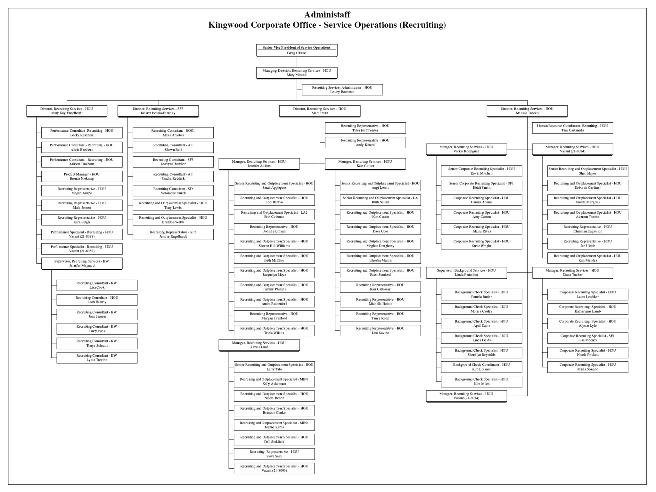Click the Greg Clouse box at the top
point(296,50)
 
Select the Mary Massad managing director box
point(296,73)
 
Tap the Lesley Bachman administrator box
point(342,90)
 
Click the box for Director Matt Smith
point(319,111)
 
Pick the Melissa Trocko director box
point(527,111)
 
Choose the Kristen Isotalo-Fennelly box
point(158,111)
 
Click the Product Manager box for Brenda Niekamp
point(82,176)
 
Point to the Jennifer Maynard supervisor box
point(82,263)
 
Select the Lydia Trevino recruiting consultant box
point(97,358)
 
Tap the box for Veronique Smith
point(173,191)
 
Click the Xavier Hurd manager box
point(259,345)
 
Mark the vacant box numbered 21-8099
point(274,468)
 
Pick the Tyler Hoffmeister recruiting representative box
point(365,128)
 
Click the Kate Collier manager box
point(365,164)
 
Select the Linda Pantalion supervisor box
point(466,273)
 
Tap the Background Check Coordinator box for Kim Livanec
point(481,367)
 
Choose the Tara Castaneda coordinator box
point(572,128)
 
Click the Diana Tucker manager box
point(572,273)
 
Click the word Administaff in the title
point(327,15)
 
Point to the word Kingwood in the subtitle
point(228,25)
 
